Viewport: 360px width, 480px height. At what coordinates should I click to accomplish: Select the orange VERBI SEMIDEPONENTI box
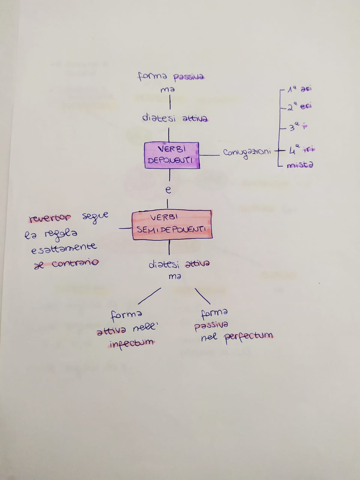(x=172, y=225)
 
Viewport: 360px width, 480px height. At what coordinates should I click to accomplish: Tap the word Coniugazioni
(x=247, y=152)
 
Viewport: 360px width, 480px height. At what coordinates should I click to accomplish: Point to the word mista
(x=300, y=165)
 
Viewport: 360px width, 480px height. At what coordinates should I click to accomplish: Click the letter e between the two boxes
(x=169, y=190)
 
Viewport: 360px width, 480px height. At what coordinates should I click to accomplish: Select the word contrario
(x=75, y=263)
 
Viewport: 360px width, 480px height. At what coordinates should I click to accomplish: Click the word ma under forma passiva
(x=167, y=90)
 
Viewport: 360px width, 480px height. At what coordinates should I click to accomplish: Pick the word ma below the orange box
(x=175, y=277)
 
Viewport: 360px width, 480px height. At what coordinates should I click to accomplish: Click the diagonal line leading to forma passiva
(x=202, y=296)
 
